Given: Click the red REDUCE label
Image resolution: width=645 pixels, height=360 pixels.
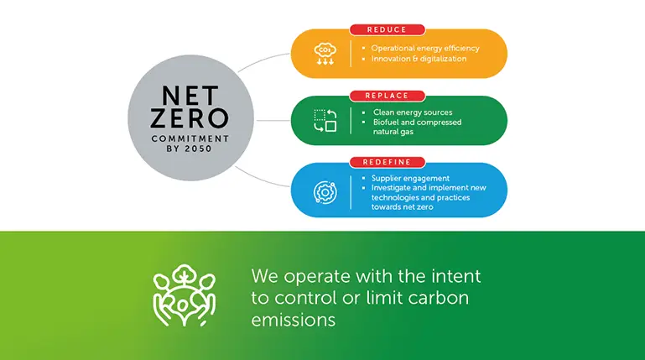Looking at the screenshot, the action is [387, 29].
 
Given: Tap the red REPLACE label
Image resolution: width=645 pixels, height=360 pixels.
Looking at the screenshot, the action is [387, 96].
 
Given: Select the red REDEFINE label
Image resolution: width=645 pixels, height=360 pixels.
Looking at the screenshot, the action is [387, 162].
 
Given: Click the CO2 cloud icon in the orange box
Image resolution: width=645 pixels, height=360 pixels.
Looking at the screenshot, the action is [325, 54].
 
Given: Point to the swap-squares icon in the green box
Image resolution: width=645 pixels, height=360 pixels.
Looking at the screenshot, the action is [325, 121].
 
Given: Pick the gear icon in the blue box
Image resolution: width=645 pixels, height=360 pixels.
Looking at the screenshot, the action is [325, 192].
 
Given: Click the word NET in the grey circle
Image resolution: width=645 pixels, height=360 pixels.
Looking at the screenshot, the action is [190, 96].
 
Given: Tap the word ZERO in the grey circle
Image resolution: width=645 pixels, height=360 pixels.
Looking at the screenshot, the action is [190, 119].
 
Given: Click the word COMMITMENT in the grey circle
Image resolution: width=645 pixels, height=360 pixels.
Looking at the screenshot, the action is [190, 138].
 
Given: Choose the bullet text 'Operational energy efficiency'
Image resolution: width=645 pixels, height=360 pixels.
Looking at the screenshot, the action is [425, 48].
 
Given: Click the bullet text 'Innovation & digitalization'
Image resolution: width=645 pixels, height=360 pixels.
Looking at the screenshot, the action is [419, 59].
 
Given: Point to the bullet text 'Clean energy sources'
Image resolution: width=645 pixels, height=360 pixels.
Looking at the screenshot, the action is [413, 112].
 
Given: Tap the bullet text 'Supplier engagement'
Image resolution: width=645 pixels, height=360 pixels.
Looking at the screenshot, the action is [410, 178].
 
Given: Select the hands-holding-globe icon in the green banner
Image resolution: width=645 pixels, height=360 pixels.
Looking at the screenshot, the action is [185, 295].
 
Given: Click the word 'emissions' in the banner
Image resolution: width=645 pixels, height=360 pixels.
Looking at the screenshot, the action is [294, 320].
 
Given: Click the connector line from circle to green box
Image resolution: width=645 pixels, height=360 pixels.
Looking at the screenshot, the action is [273, 121].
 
